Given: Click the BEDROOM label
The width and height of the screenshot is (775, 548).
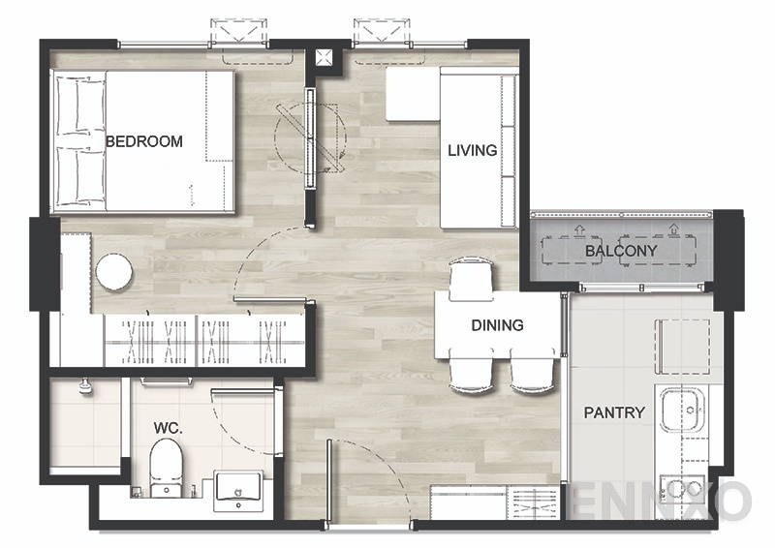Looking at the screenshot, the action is point(144,141).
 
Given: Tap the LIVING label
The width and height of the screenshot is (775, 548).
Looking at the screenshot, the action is point(473,150).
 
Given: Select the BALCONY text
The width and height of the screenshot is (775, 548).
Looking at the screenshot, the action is point(621,251).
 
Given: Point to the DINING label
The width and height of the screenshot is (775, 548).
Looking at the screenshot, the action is point(497,325).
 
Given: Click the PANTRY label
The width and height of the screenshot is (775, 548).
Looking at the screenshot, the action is point(614,412).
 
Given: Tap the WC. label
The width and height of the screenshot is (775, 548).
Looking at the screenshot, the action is point(168,428).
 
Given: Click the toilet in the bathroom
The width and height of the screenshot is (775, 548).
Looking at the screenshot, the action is point(166,468).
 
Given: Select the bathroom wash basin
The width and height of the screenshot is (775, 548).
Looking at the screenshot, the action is point(238,491).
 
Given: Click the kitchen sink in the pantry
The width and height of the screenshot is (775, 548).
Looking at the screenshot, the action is point(682,410).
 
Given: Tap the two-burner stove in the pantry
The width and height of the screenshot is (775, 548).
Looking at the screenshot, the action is point(683,489).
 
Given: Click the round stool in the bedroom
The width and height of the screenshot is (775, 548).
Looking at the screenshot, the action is point(114,272).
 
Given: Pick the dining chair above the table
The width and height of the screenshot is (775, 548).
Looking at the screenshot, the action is point(471,279).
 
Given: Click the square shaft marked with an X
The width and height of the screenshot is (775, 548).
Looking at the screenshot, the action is point(324,57).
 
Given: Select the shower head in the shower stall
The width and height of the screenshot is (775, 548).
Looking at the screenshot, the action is point(86,386).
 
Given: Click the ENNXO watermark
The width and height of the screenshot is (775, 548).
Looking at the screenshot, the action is point(661,500).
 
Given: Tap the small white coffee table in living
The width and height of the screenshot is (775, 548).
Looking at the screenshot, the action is point(413,94).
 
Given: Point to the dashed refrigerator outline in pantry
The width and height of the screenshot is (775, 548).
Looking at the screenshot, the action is point(683,347).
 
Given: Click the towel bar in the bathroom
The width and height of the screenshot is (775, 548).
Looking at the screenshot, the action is point(166,381).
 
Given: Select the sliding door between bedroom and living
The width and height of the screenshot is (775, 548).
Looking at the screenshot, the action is point(310,137).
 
